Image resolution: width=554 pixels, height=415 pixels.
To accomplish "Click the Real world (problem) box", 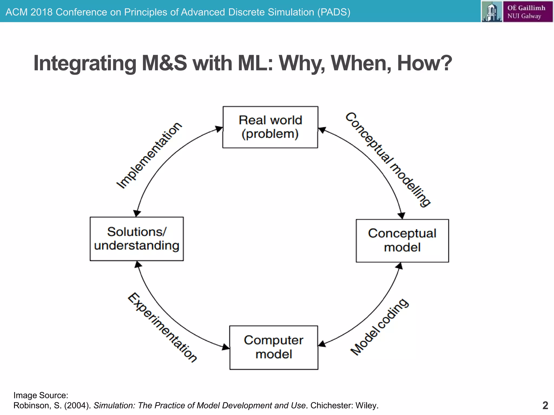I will pos(270,127).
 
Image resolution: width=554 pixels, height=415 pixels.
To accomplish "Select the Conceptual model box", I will pos(402,240).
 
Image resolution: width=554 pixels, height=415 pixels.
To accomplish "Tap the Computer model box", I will pos(273,347).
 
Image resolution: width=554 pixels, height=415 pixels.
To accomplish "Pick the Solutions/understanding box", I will pos(137,239).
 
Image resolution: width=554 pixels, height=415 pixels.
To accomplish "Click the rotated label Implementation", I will pos(149,155).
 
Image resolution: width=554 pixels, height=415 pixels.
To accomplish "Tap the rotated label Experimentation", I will pos(162,327).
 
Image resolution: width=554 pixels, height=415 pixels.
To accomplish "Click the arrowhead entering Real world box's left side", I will pos(219,129).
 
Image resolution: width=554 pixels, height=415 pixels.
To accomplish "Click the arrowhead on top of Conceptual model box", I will pos(402,215).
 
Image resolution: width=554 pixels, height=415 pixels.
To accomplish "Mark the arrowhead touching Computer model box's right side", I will pos(322,344).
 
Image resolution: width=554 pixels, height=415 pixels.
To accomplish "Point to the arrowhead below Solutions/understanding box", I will pos(138,265).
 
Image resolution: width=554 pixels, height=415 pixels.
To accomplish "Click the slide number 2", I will pos(545,405).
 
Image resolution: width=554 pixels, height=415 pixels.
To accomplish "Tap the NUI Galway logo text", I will pos(526,12).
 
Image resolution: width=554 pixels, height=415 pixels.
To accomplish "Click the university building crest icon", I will pos(492,12).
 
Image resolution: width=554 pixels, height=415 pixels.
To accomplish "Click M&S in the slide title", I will pos(164,63).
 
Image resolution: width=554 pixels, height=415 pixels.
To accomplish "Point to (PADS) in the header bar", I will pos(334,12).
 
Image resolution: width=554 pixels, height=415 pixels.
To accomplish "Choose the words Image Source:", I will pos(41,395).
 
